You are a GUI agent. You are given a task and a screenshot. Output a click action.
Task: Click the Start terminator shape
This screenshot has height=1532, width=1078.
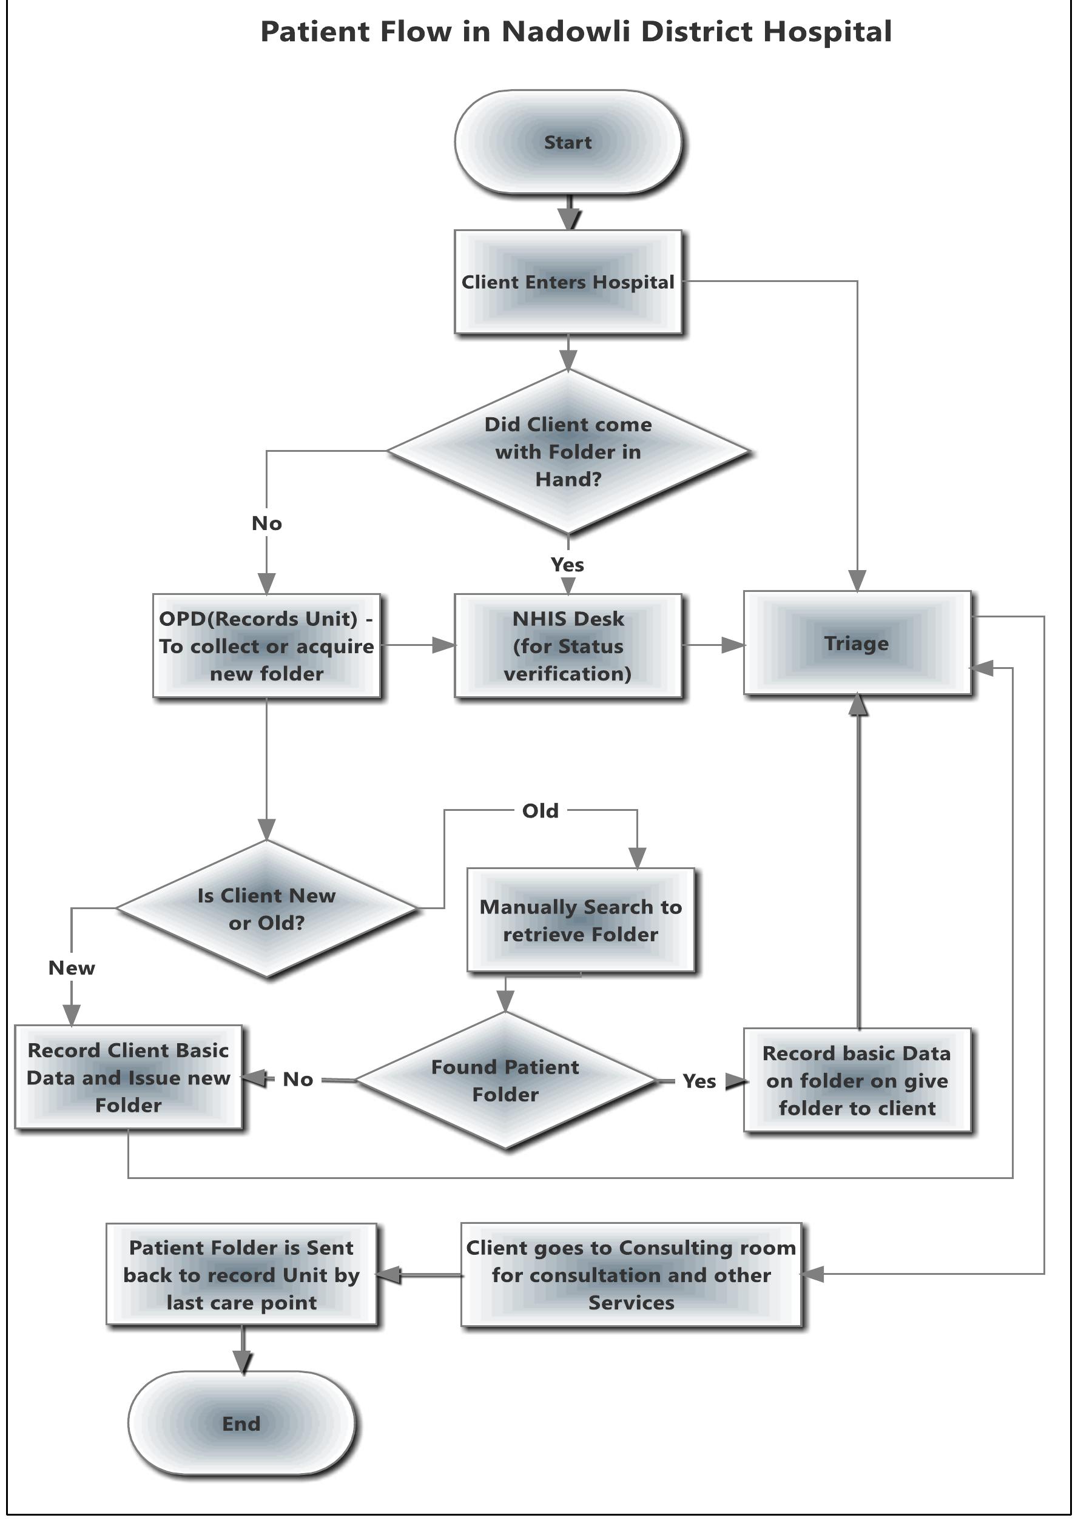click(567, 142)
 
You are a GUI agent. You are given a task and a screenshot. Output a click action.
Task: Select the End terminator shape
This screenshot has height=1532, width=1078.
click(241, 1423)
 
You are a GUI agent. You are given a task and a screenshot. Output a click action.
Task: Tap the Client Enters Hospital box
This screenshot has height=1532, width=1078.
click(567, 281)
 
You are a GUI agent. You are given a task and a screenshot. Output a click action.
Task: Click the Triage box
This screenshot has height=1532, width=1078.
click(857, 643)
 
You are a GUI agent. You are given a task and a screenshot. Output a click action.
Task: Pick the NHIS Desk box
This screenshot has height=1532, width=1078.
click(567, 646)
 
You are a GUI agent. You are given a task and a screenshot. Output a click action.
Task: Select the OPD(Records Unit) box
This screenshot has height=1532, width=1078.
click(266, 646)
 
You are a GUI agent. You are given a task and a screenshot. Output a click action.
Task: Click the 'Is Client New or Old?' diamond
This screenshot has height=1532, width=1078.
click(266, 909)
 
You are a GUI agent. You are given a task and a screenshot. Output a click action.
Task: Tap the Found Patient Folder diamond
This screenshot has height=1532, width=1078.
click(505, 1080)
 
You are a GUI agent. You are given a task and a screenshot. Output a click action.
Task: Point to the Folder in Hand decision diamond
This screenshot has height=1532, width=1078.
click(567, 452)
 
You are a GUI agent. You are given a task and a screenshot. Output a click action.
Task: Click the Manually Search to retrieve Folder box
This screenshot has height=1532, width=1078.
click(581, 920)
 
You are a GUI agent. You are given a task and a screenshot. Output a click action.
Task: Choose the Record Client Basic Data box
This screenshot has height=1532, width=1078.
click(128, 1078)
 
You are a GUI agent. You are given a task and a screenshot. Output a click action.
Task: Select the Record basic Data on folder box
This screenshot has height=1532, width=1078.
click(857, 1080)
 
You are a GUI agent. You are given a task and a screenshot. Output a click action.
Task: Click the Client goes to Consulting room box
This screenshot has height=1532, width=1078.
click(631, 1274)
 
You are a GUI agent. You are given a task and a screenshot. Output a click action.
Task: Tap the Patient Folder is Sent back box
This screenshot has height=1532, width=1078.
click(241, 1274)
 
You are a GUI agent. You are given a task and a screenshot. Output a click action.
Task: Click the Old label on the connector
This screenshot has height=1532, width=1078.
click(540, 811)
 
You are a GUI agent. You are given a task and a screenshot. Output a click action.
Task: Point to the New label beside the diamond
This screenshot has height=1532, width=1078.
click(72, 967)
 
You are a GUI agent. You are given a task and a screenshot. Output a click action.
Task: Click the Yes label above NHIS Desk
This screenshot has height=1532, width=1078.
click(567, 565)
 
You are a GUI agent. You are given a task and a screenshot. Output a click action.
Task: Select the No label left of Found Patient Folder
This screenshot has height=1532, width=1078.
click(298, 1079)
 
